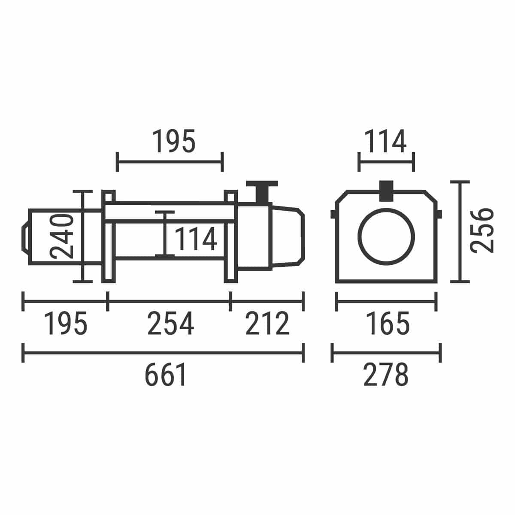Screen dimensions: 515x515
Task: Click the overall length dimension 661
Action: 165,374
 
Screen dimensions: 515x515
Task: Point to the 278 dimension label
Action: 386,374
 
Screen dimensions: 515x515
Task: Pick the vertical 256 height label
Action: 482,230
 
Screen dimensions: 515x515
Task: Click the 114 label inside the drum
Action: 195,238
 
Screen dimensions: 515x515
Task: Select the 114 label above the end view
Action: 385,141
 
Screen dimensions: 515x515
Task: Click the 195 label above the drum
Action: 174,141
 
